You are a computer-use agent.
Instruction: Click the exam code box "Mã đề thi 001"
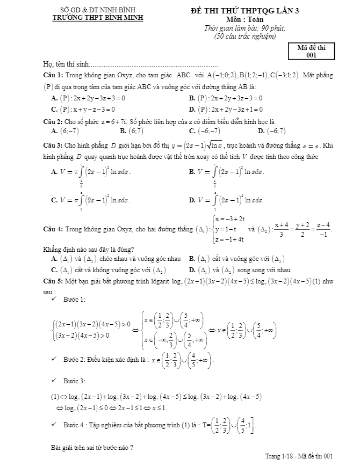311,51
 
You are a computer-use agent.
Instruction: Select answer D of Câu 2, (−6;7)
272,130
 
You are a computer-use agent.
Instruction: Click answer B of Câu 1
226,98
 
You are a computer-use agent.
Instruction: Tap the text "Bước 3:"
74,381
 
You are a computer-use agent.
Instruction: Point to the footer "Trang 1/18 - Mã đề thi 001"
299,456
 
